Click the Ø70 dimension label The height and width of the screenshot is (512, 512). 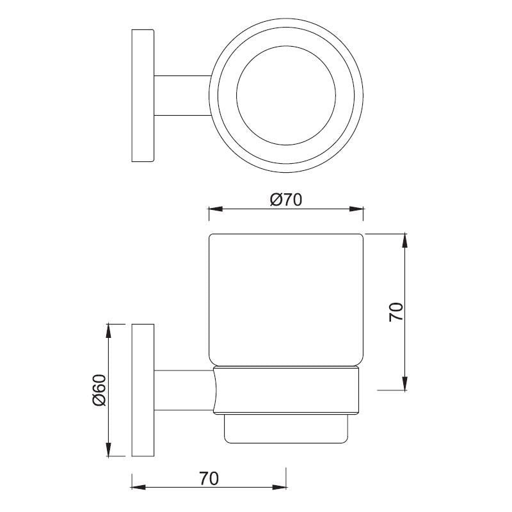[285, 200]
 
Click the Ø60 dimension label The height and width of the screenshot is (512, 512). [98, 390]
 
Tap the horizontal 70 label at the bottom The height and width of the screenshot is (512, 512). [209, 477]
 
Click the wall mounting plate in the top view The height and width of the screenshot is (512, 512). [143, 95]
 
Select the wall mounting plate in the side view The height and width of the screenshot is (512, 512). [143, 390]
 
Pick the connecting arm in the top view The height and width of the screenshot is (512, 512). [182, 95]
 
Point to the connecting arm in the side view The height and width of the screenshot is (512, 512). [182, 390]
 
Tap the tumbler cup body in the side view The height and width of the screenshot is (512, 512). [287, 301]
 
